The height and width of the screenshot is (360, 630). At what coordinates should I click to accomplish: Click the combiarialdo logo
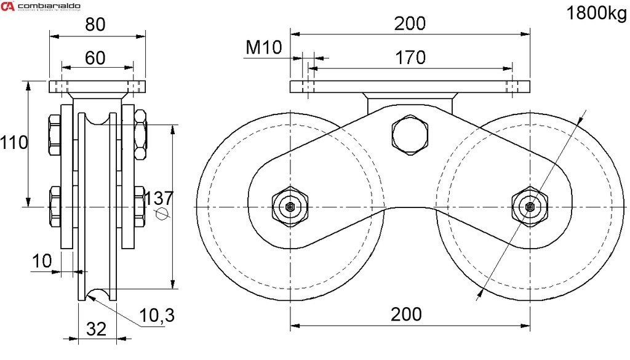[x=40, y=7]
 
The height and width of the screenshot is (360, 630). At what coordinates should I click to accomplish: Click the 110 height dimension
[x=14, y=143]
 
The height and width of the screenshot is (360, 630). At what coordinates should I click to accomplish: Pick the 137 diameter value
[x=159, y=198]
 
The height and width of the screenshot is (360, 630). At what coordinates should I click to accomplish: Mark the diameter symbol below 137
[x=162, y=214]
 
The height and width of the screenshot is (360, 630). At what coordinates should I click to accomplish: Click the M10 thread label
[x=263, y=47]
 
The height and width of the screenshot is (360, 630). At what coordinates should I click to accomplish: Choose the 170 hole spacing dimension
[x=410, y=57]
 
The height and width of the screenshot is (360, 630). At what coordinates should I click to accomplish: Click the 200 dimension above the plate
[x=410, y=23]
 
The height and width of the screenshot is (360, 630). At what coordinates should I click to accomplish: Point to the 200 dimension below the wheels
[x=407, y=314]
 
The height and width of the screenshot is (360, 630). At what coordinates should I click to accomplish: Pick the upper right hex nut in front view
[x=140, y=130]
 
